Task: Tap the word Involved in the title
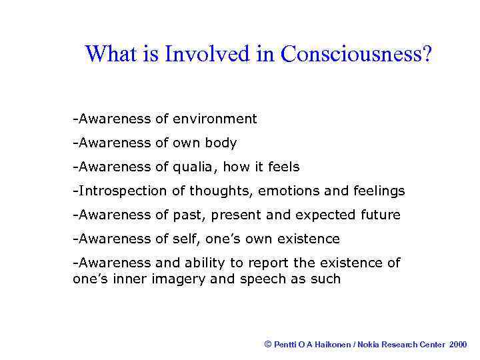(207, 54)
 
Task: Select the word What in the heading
(111, 54)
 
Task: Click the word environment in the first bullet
(215, 119)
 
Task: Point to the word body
(222, 143)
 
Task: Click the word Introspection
(122, 191)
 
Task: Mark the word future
(378, 215)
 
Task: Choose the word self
(185, 239)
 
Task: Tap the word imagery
(179, 279)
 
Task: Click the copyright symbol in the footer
(268, 344)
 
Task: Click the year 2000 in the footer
(458, 345)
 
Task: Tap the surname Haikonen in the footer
(331, 345)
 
